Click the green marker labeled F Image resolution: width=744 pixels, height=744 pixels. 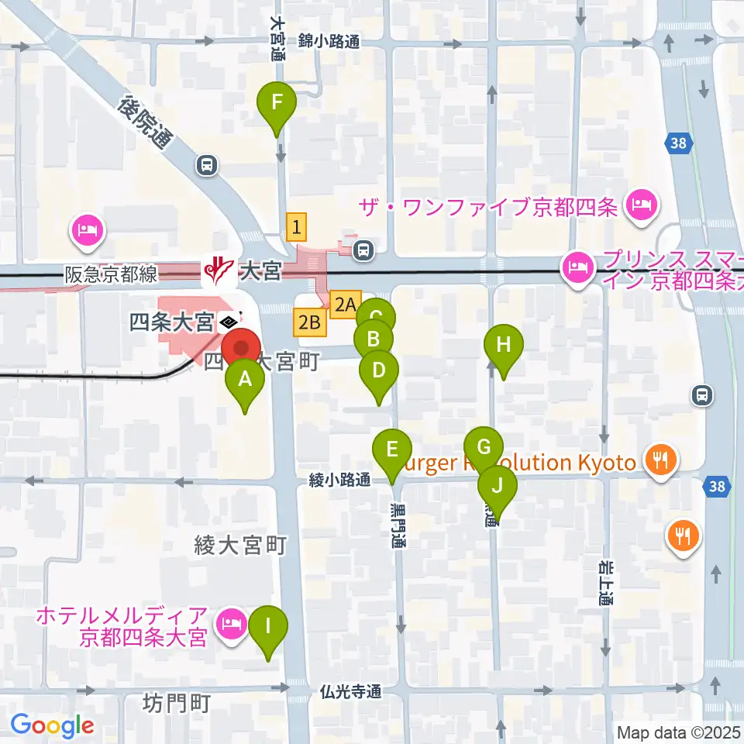[x=278, y=102]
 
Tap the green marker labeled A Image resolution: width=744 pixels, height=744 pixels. [x=245, y=381]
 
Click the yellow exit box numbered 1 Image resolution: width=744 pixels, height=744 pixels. [x=296, y=227]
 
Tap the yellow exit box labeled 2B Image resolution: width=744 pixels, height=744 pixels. [x=308, y=322]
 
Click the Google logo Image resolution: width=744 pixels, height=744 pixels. [x=52, y=725]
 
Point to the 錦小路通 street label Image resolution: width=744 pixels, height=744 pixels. [x=329, y=43]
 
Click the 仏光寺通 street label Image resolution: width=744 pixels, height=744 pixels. [x=351, y=691]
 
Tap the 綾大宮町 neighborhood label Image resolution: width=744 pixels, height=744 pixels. [x=241, y=546]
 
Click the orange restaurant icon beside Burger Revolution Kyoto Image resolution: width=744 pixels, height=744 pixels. [x=660, y=460]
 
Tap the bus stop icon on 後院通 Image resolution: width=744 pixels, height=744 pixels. [x=207, y=164]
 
